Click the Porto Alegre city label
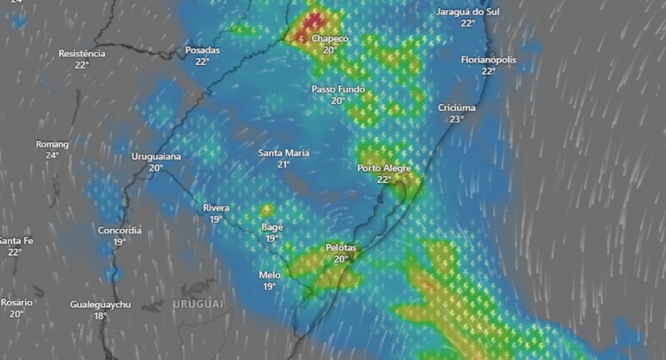pos(383,168)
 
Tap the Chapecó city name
pos(330,39)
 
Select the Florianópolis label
pos(488,60)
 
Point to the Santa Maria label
pos(284,153)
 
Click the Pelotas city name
pos(341,247)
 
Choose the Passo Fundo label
pos(338,89)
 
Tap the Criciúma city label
pos(457,108)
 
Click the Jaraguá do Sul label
pos(467,12)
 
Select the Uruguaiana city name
pos(156,157)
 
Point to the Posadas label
pos(202,50)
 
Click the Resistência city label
pos(82,54)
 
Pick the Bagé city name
pos(271,227)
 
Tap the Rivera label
pos(216,207)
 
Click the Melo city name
pos(270,275)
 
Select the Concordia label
pos(120,230)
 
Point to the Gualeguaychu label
pos(101,304)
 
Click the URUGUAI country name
pos(198,304)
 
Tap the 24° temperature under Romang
pos(52,155)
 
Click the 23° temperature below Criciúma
pos(457,119)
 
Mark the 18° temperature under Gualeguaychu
pos(101,316)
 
